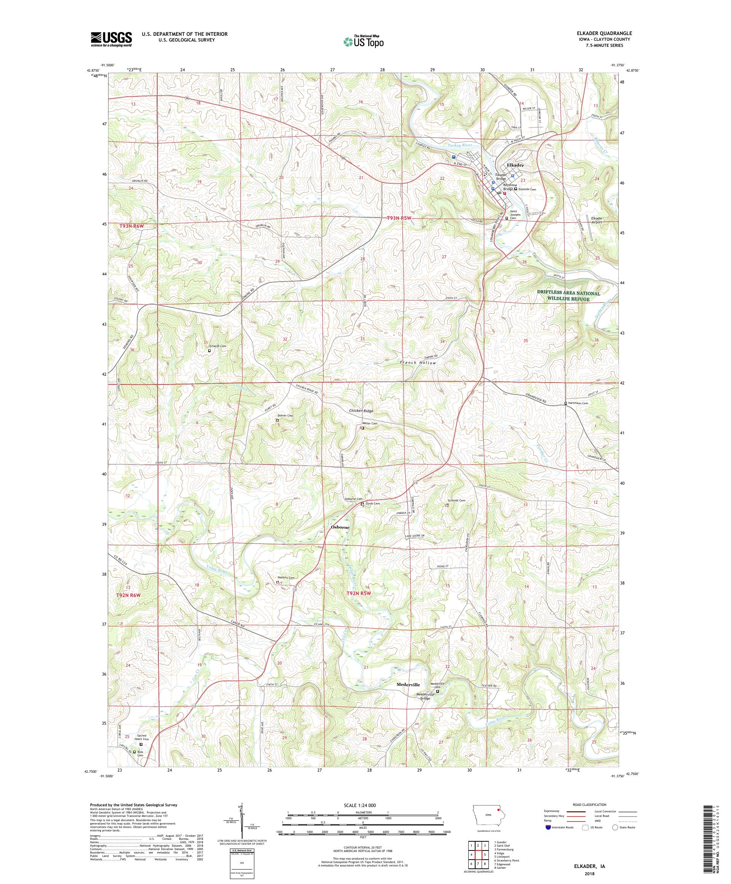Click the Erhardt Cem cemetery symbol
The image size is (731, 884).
209,350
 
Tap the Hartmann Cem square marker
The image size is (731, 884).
565,403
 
